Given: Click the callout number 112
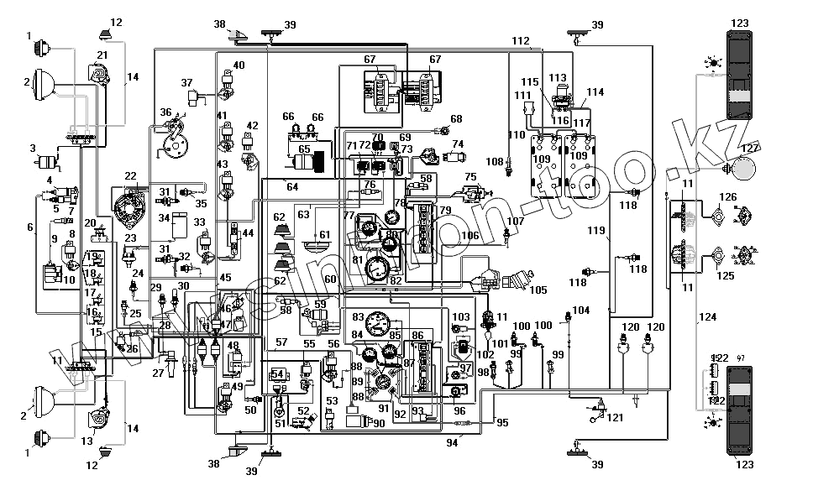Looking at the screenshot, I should tap(521, 40).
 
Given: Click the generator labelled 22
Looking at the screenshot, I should tap(130, 201).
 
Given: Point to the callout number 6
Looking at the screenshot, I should tap(31, 227).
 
